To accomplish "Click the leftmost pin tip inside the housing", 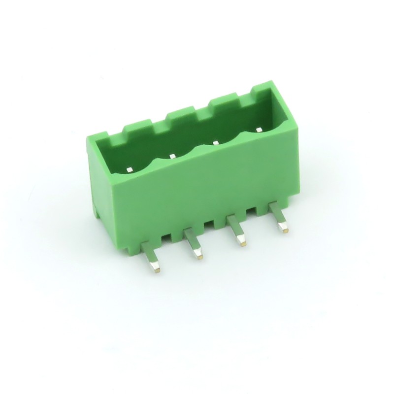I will point(129,169).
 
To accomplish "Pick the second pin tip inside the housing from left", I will point(172,156).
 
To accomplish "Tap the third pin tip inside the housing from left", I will point(215,143).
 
